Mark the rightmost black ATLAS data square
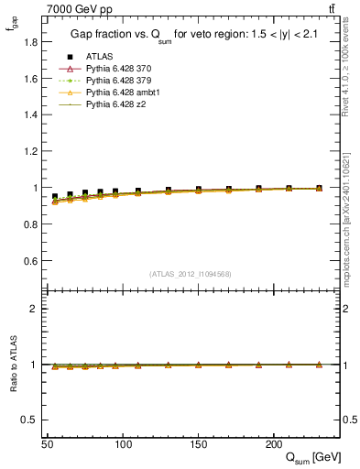(x=319, y=188)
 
